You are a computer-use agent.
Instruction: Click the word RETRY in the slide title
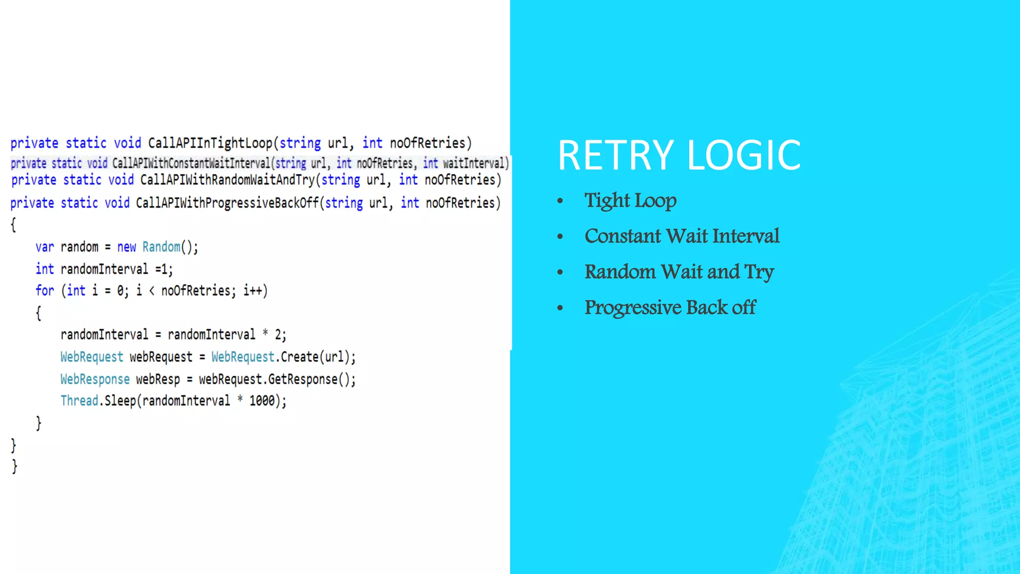(616, 155)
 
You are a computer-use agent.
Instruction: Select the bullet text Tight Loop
(630, 201)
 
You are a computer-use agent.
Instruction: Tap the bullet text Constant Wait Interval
(682, 236)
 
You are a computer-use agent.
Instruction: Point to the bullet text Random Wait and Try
(679, 272)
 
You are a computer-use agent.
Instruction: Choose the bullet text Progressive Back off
(670, 308)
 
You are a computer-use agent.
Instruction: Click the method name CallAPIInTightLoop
(210, 143)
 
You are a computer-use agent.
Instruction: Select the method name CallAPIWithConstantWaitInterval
(191, 163)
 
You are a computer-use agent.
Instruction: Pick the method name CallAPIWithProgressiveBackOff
(227, 203)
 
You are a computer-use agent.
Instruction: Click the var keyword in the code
(44, 247)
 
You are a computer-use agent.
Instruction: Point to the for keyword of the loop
(44, 290)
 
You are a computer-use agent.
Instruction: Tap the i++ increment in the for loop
(253, 290)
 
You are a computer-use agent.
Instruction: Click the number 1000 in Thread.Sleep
(262, 401)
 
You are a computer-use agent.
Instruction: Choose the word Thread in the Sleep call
(79, 401)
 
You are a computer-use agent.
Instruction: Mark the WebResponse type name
(95, 380)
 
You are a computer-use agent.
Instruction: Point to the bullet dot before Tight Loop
(560, 201)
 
